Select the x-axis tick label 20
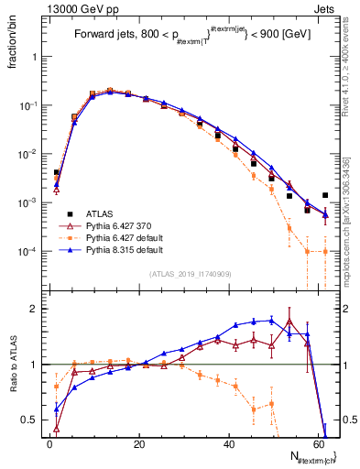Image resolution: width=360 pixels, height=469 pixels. coord(139,443)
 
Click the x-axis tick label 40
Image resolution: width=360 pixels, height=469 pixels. coord(229,443)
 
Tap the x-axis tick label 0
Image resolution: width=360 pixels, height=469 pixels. coord(50,443)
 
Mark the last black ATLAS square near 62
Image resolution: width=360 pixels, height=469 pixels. coord(325,195)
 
